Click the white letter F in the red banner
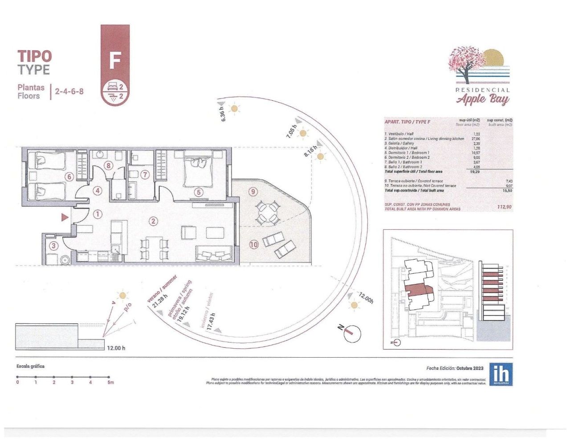click(115, 61)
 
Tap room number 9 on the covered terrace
click(253, 192)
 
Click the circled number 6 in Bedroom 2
click(69, 177)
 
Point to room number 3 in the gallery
click(53, 245)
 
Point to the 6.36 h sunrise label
click(223, 114)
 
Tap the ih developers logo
click(501, 374)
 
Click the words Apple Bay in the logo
click(483, 99)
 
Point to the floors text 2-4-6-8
click(69, 92)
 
